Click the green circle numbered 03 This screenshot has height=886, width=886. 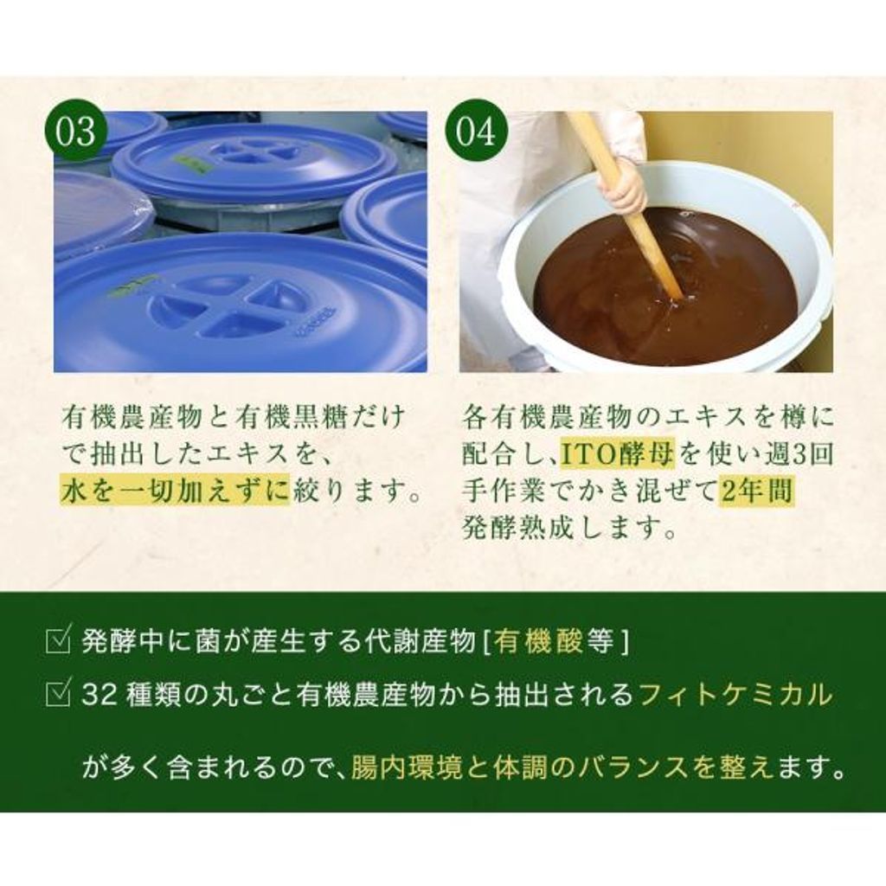76,132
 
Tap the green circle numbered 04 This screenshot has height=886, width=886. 477,132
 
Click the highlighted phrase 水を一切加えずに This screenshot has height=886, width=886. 175,491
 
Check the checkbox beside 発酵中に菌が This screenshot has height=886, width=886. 58,640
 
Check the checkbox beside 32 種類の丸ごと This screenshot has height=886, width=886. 58,694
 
